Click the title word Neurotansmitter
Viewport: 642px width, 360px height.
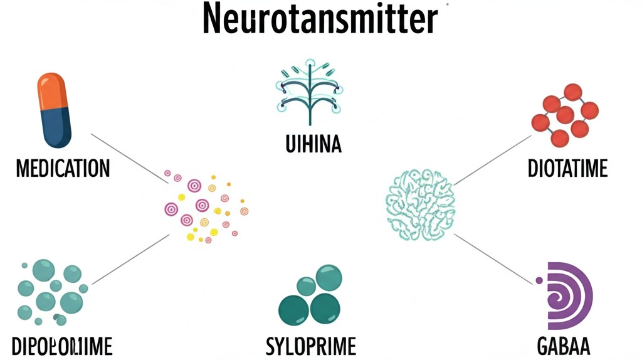pos(320,19)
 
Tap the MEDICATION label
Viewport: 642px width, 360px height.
pos(63,168)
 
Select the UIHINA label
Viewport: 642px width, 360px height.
pos(311,145)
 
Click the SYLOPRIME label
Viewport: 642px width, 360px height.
pos(311,346)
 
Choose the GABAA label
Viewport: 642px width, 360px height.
pos(563,346)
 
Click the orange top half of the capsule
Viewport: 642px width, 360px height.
pos(53,92)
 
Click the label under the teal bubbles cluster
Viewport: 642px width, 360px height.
pos(62,346)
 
